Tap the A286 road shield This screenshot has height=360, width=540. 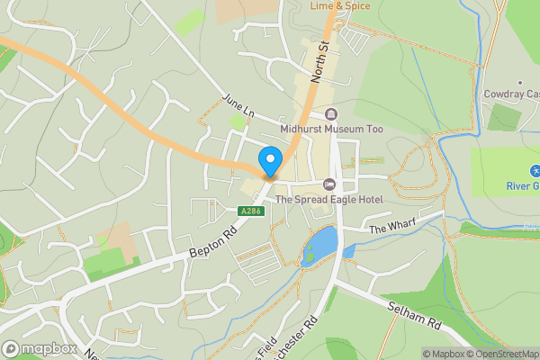point(251,211)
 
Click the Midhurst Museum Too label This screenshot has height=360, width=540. point(331,130)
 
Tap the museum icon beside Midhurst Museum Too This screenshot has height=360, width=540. point(331,114)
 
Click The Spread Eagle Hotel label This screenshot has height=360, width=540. point(329,199)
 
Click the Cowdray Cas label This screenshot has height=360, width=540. point(509,94)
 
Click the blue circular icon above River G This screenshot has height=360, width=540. point(535,170)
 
